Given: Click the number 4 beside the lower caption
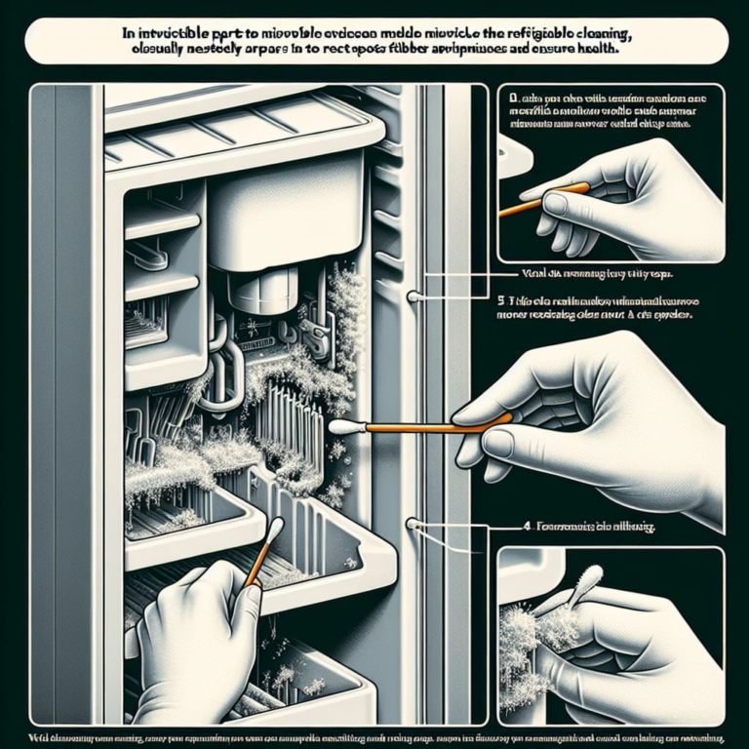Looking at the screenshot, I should tap(526, 527).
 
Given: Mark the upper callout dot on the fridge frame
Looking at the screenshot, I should tap(414, 296).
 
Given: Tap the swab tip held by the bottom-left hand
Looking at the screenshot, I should tap(275, 530).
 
